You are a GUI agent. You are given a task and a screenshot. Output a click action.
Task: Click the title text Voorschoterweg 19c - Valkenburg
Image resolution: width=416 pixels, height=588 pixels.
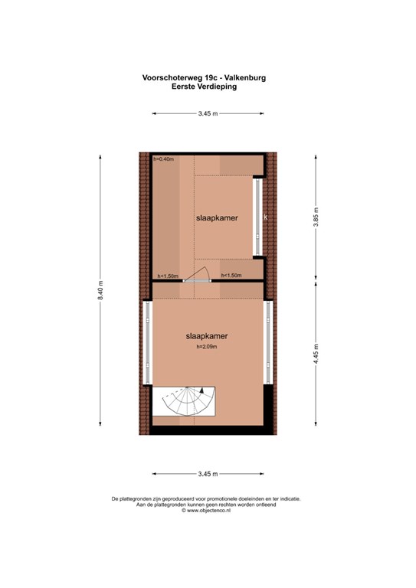pyautogui.click(x=204, y=77)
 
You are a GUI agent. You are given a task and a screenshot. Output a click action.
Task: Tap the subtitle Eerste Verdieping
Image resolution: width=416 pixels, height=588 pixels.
pyautogui.click(x=204, y=87)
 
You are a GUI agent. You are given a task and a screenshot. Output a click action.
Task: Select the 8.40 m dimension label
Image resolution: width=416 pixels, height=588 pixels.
pyautogui.click(x=100, y=291)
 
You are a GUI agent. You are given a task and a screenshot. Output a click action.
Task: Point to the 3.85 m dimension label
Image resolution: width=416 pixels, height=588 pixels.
pyautogui.click(x=316, y=217)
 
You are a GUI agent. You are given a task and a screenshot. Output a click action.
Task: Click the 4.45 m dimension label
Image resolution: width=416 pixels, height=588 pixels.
pyautogui.click(x=316, y=354)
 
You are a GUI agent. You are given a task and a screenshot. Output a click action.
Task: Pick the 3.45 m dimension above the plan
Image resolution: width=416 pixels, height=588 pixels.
pyautogui.click(x=208, y=113)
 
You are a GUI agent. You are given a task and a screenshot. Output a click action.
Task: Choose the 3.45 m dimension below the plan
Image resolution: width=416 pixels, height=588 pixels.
pyautogui.click(x=208, y=474)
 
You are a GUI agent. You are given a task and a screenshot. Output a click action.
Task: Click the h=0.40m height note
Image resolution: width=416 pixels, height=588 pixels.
pyautogui.click(x=163, y=159)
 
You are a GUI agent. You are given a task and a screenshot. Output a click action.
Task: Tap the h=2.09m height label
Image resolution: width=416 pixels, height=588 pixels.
pyautogui.click(x=207, y=347)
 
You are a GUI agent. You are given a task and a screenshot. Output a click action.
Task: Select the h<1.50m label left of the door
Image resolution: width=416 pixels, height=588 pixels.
pyautogui.click(x=168, y=276)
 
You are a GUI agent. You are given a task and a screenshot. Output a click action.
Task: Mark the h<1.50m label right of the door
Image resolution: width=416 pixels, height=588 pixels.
pyautogui.click(x=231, y=276)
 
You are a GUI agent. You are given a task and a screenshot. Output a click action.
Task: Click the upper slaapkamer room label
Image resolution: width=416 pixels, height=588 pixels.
pyautogui.click(x=217, y=218)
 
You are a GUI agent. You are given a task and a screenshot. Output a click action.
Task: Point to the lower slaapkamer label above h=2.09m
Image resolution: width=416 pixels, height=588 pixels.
pyautogui.click(x=207, y=336)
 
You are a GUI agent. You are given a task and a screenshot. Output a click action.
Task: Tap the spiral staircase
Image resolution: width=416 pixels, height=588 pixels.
pyautogui.click(x=184, y=401)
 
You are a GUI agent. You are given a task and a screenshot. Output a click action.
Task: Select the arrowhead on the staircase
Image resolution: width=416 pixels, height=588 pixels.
pyautogui.click(x=201, y=390)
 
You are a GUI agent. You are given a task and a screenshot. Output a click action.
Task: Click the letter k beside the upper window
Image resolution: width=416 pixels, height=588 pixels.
pyautogui.click(x=266, y=217)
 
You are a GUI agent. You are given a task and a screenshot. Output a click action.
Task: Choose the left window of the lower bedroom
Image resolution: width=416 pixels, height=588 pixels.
pyautogui.click(x=147, y=343)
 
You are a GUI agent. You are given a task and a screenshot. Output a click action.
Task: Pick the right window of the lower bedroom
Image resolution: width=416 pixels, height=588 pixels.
pyautogui.click(x=269, y=343)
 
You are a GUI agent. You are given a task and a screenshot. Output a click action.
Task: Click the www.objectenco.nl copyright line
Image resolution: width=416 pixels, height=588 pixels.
pyautogui.click(x=206, y=511)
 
